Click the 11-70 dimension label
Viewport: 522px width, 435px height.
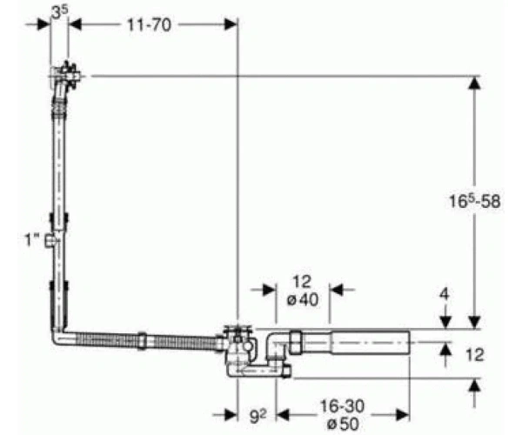pos(149,25)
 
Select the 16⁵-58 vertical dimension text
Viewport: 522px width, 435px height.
pos(474,201)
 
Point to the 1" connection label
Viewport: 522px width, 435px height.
pos(33,239)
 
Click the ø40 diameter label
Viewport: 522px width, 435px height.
pos(302,300)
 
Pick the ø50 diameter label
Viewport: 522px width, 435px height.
pos(343,424)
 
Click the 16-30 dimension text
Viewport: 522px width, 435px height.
pos(342,406)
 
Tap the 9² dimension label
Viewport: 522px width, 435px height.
pos(258,416)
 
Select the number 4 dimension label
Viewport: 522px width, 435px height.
pos(445,294)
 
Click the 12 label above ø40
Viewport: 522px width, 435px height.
pos(302,282)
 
